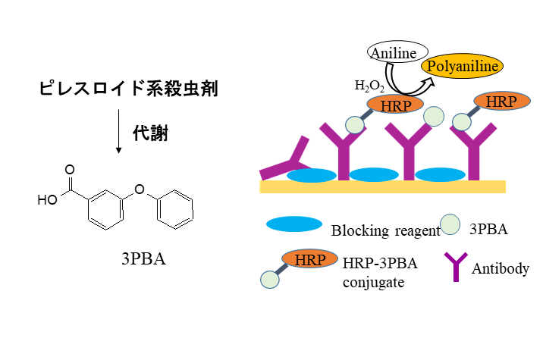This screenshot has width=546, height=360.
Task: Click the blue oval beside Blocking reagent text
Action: click(293, 224)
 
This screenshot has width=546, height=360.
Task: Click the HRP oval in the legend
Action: click(309, 259)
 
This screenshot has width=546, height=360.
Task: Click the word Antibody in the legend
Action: click(500, 268)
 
